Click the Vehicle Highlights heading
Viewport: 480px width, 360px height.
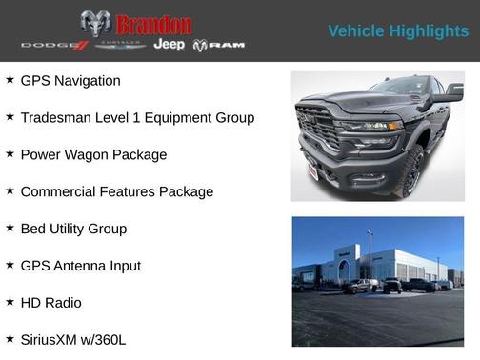(398, 31)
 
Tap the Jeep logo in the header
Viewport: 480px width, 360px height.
(170, 45)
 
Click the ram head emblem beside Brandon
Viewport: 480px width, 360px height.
(95, 24)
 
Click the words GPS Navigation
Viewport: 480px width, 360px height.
(70, 81)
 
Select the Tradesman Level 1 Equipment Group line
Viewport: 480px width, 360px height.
(137, 118)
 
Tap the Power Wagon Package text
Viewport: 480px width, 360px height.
(93, 154)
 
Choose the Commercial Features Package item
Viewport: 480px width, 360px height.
(116, 191)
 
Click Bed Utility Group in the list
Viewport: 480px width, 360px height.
(73, 229)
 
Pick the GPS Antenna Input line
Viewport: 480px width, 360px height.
(80, 266)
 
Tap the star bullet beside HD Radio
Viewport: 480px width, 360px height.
(10, 302)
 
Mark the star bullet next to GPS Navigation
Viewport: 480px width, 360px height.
(10, 80)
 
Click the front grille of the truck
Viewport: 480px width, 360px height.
(317, 129)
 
